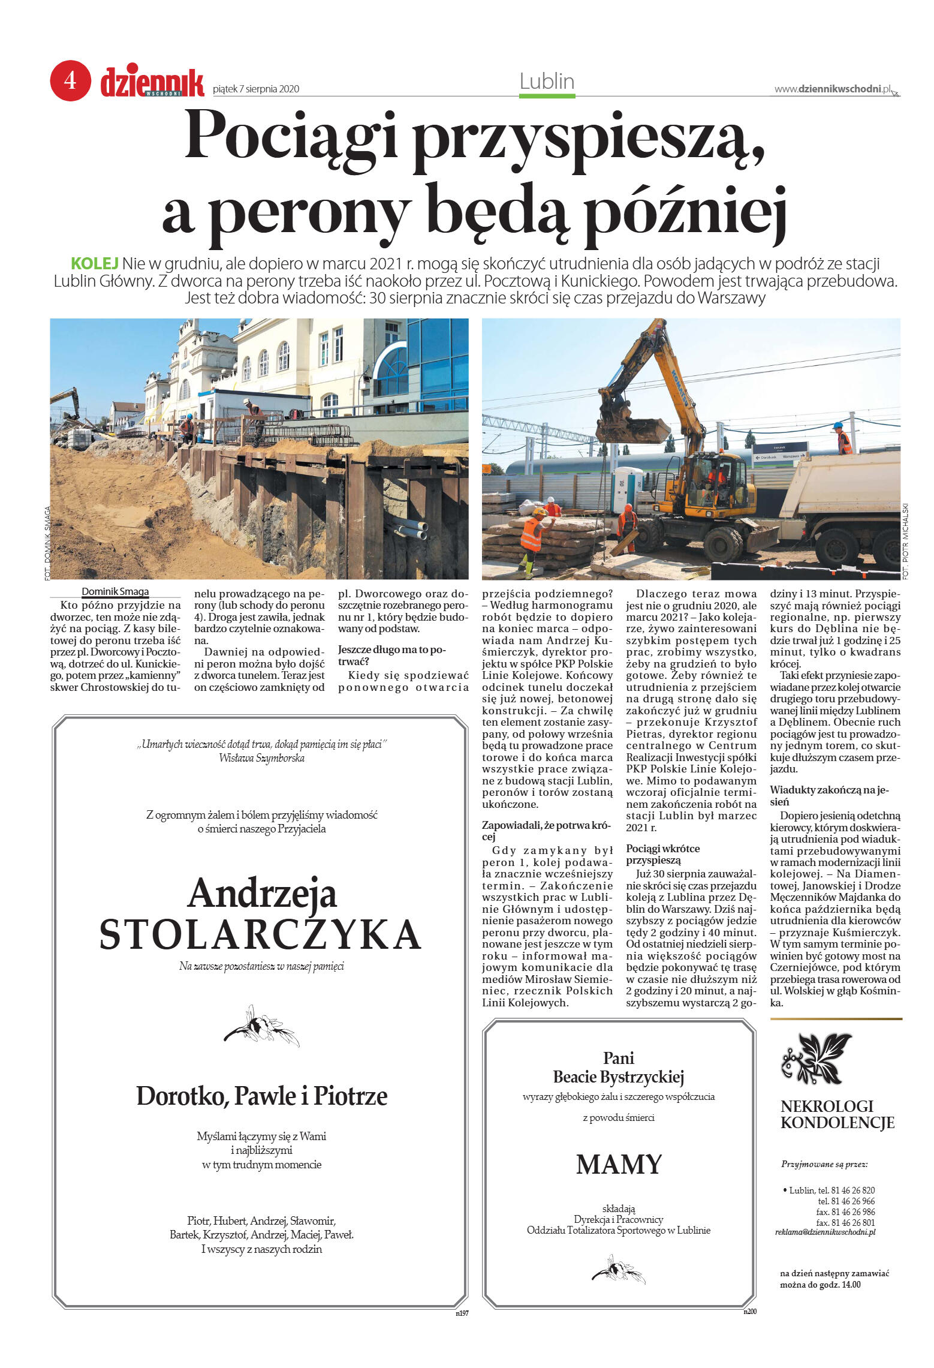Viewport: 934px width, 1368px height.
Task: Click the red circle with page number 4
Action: (x=70, y=80)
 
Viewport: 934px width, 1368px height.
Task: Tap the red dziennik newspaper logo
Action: (x=152, y=82)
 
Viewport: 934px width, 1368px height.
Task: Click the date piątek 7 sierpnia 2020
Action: (x=256, y=89)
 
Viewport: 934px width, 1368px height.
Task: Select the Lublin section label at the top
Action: (x=546, y=82)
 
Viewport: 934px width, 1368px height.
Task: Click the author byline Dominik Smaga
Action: (x=115, y=592)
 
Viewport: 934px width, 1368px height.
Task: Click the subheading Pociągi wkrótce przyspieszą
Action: (x=662, y=854)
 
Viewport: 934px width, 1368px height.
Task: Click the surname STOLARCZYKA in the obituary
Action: (x=260, y=934)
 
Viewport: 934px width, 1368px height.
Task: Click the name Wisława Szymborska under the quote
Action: (x=261, y=758)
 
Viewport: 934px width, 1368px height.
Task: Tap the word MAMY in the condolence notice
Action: (x=618, y=1165)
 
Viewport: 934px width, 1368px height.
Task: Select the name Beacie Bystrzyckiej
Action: (x=618, y=1077)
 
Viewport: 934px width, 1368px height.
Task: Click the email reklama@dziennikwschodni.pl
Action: (x=825, y=1232)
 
